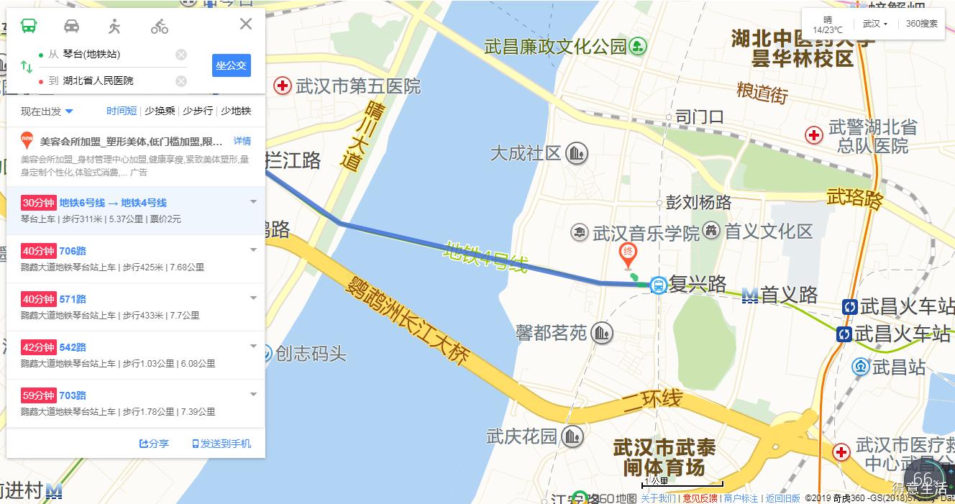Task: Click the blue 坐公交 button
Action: click(231, 65)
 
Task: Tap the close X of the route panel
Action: click(246, 24)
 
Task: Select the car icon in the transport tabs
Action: click(72, 27)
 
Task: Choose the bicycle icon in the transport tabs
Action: click(160, 27)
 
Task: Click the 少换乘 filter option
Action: click(160, 111)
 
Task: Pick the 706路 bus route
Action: click(73, 251)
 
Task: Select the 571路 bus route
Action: click(73, 299)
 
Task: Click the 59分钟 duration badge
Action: click(38, 395)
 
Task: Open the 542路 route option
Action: click(73, 347)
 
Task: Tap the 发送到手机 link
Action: click(221, 444)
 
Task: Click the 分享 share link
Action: click(154, 444)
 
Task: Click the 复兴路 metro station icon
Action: click(658, 285)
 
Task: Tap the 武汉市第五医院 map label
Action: click(347, 87)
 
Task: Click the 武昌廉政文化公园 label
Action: click(556, 47)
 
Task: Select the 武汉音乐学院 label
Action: click(645, 233)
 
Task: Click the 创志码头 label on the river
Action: click(311, 354)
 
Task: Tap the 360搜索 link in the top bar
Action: click(921, 24)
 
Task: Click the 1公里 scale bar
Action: click(682, 484)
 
